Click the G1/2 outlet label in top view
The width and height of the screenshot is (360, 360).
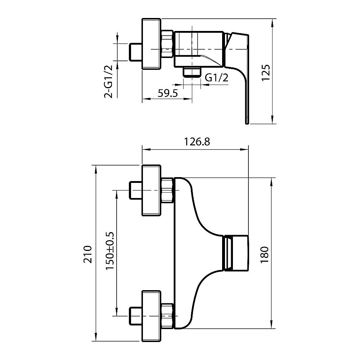point(217,78)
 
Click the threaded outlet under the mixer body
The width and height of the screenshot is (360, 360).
point(192,72)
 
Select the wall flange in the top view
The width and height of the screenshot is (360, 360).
point(152,44)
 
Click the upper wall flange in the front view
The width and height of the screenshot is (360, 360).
point(152,190)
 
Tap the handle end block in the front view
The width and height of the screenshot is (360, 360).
point(236,253)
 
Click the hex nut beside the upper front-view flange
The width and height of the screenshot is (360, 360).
point(168,190)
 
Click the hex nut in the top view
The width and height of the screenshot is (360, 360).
point(168,44)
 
